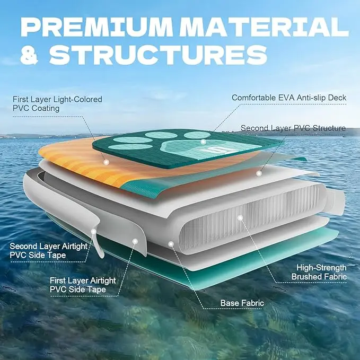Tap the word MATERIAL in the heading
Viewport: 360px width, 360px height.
pos(269,27)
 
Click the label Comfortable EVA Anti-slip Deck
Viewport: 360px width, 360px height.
pos(288,98)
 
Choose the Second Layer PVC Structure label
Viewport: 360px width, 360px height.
pos(293,128)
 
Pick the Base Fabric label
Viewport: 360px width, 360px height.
pos(242,303)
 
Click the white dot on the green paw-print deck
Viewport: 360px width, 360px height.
pos(203,142)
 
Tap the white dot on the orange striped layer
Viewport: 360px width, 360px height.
pos(107,162)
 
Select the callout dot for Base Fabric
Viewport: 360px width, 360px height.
pos(171,244)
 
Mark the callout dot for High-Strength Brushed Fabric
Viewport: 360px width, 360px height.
pos(240,217)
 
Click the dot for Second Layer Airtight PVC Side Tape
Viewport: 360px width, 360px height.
pos(94,231)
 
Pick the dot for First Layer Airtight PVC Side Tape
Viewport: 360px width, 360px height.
pos(135,241)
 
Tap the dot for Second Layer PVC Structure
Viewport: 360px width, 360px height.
pos(259,173)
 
